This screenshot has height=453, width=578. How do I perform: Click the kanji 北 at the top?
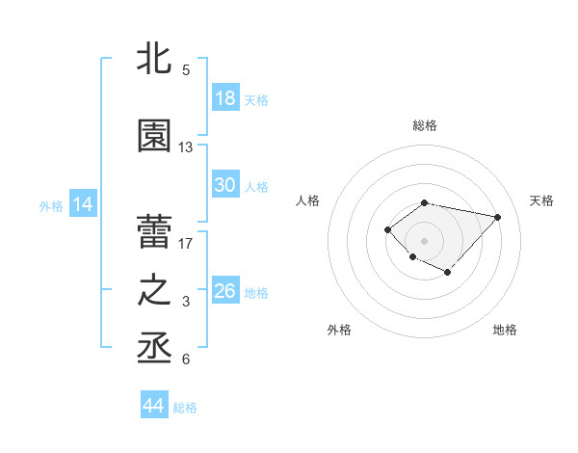coord(155,60)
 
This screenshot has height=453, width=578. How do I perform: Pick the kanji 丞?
coord(155,347)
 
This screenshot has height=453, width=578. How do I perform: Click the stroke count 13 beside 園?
coord(186,147)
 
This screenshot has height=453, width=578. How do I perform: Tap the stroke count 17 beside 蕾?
coord(186,243)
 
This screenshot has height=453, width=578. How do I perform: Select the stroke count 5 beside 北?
coord(186,70)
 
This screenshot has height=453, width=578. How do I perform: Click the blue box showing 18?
coord(224,98)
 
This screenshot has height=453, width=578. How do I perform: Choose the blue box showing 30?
coord(224,185)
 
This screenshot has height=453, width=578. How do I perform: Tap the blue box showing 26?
coord(224,291)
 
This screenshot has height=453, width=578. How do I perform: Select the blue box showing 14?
coord(82,204)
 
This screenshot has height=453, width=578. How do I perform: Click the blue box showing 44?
coord(153,407)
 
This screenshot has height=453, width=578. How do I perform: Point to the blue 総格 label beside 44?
coord(185,408)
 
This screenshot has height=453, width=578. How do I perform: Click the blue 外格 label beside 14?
coord(51,205)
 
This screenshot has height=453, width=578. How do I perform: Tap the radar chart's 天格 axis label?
coord(541,200)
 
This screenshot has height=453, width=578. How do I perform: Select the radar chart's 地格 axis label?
coord(505,330)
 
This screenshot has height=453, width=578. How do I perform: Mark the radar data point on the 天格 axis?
coord(497,217)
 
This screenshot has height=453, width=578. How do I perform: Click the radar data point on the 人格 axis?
coord(387,228)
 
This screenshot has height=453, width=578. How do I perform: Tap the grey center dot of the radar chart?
coord(424,240)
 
